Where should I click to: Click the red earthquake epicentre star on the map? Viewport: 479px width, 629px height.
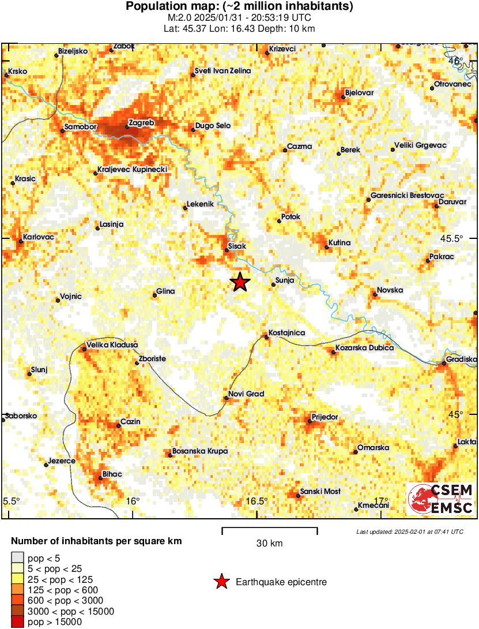click(240, 282)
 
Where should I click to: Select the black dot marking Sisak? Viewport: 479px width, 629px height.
click(227, 250)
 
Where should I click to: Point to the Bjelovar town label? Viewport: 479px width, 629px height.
click(359, 93)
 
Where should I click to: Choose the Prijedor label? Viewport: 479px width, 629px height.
click(325, 417)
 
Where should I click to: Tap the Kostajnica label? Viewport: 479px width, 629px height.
click(286, 333)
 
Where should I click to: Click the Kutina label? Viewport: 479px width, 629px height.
click(340, 242)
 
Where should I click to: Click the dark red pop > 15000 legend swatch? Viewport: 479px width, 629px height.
click(18, 622)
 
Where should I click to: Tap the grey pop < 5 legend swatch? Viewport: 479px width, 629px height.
click(18, 558)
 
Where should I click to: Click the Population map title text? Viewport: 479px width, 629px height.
click(239, 7)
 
